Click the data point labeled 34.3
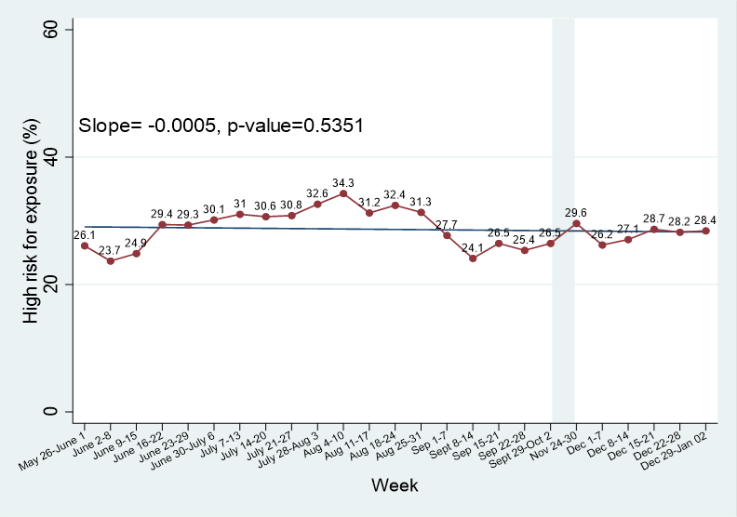coord(343,193)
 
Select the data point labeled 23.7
coord(111,261)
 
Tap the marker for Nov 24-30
coord(576,223)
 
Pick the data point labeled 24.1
coord(473,258)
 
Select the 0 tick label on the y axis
coord(55,412)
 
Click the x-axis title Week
coord(395,485)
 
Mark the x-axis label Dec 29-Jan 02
coord(686,447)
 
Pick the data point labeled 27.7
coord(447,235)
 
